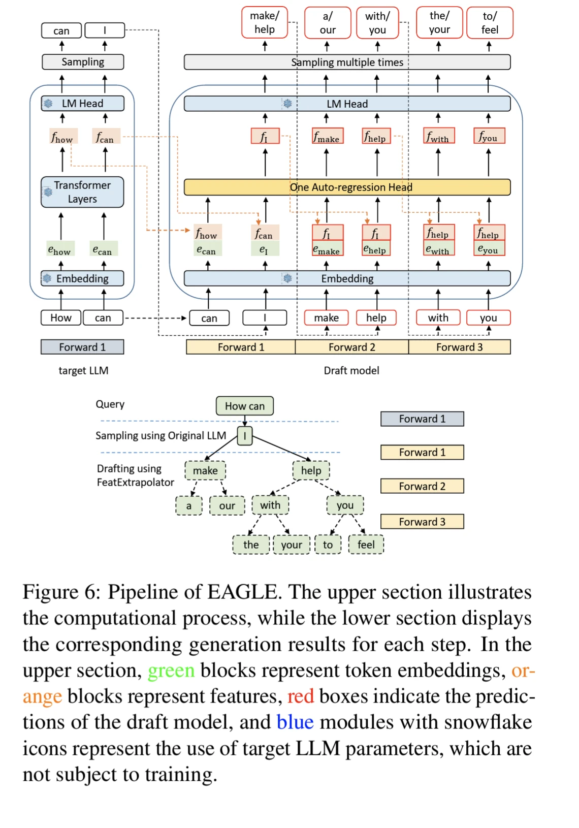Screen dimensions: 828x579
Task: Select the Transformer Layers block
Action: [x=82, y=192]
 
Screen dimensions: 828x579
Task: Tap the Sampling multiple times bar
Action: [x=347, y=62]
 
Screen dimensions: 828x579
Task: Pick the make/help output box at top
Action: [x=265, y=23]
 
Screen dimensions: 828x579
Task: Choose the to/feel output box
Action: [x=490, y=23]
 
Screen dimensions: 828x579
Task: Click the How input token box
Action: [x=61, y=318]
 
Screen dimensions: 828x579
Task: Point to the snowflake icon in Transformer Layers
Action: [x=48, y=192]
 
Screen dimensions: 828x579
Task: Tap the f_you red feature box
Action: [x=489, y=136]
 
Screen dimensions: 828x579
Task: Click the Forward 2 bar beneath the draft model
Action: [x=351, y=347]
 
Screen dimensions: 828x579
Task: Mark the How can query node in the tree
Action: [x=245, y=406]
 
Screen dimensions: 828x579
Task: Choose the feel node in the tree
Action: [x=366, y=545]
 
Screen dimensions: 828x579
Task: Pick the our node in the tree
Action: [x=227, y=505]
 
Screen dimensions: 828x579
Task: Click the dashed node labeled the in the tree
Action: [x=251, y=545]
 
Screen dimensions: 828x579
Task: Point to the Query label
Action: [x=110, y=404]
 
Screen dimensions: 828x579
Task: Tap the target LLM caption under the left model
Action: [x=83, y=370]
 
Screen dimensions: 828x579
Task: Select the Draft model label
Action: [x=351, y=370]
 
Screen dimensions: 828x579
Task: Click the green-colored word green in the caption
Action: [x=171, y=671]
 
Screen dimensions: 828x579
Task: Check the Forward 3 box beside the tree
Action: [x=422, y=522]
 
